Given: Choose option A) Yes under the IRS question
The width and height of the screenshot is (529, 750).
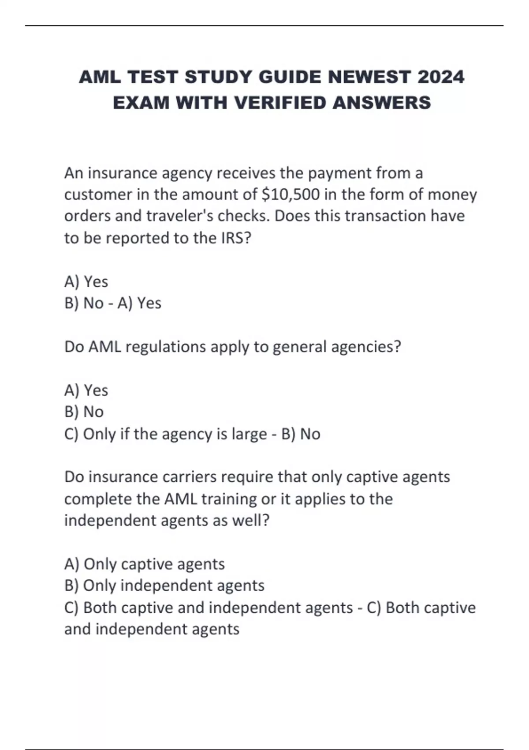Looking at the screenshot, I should (86, 281).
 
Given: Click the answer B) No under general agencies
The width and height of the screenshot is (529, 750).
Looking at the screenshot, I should (84, 412).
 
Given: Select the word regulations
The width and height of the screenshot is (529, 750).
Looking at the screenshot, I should (166, 347).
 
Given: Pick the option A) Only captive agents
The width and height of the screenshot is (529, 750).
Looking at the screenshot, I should (145, 564).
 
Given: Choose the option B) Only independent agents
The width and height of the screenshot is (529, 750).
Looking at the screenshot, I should (164, 586).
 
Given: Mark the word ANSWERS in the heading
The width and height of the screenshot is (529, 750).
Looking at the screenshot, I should (382, 103).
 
